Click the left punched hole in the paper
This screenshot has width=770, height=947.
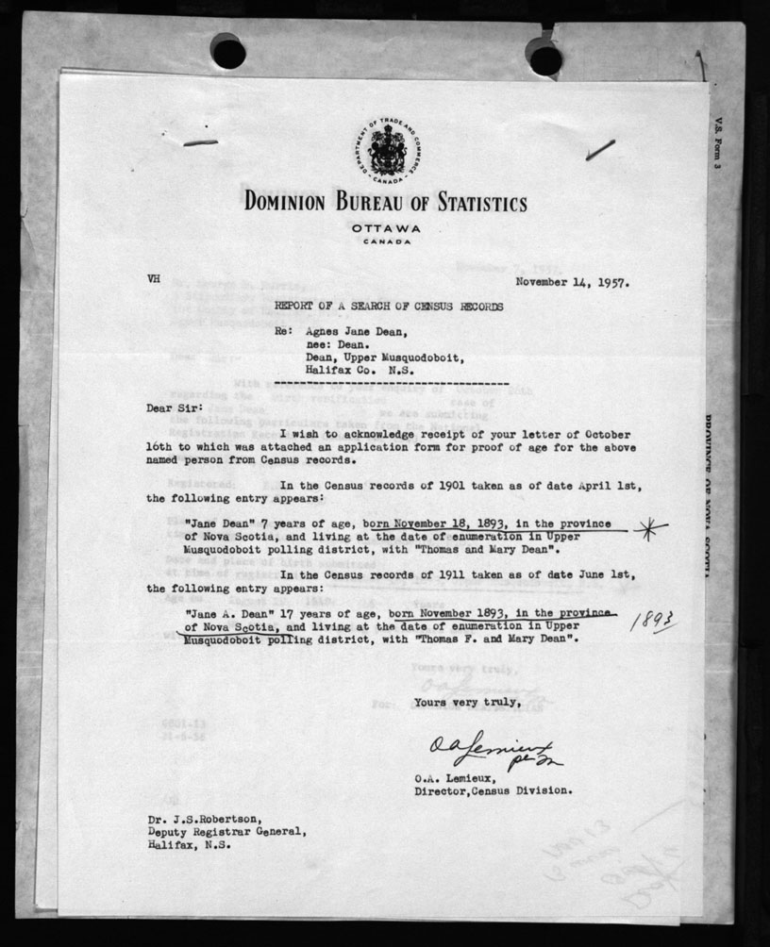(x=228, y=51)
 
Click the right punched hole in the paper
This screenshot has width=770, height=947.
(x=545, y=58)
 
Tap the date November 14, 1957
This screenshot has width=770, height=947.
(x=573, y=281)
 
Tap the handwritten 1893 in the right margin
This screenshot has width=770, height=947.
(x=656, y=619)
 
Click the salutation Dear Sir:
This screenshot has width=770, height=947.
(x=173, y=409)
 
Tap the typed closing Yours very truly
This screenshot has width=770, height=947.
(x=466, y=701)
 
